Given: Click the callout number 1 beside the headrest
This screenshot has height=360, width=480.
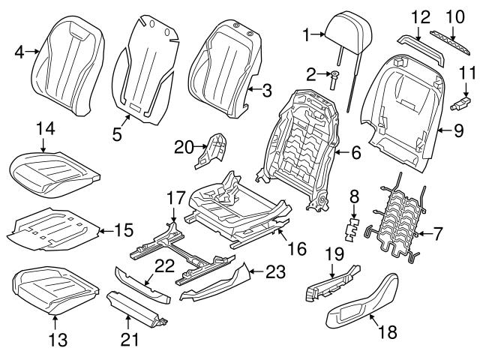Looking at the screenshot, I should [305, 34].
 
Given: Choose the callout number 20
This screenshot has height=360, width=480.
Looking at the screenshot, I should [183, 146].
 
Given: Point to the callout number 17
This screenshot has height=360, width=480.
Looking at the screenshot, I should [175, 198].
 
